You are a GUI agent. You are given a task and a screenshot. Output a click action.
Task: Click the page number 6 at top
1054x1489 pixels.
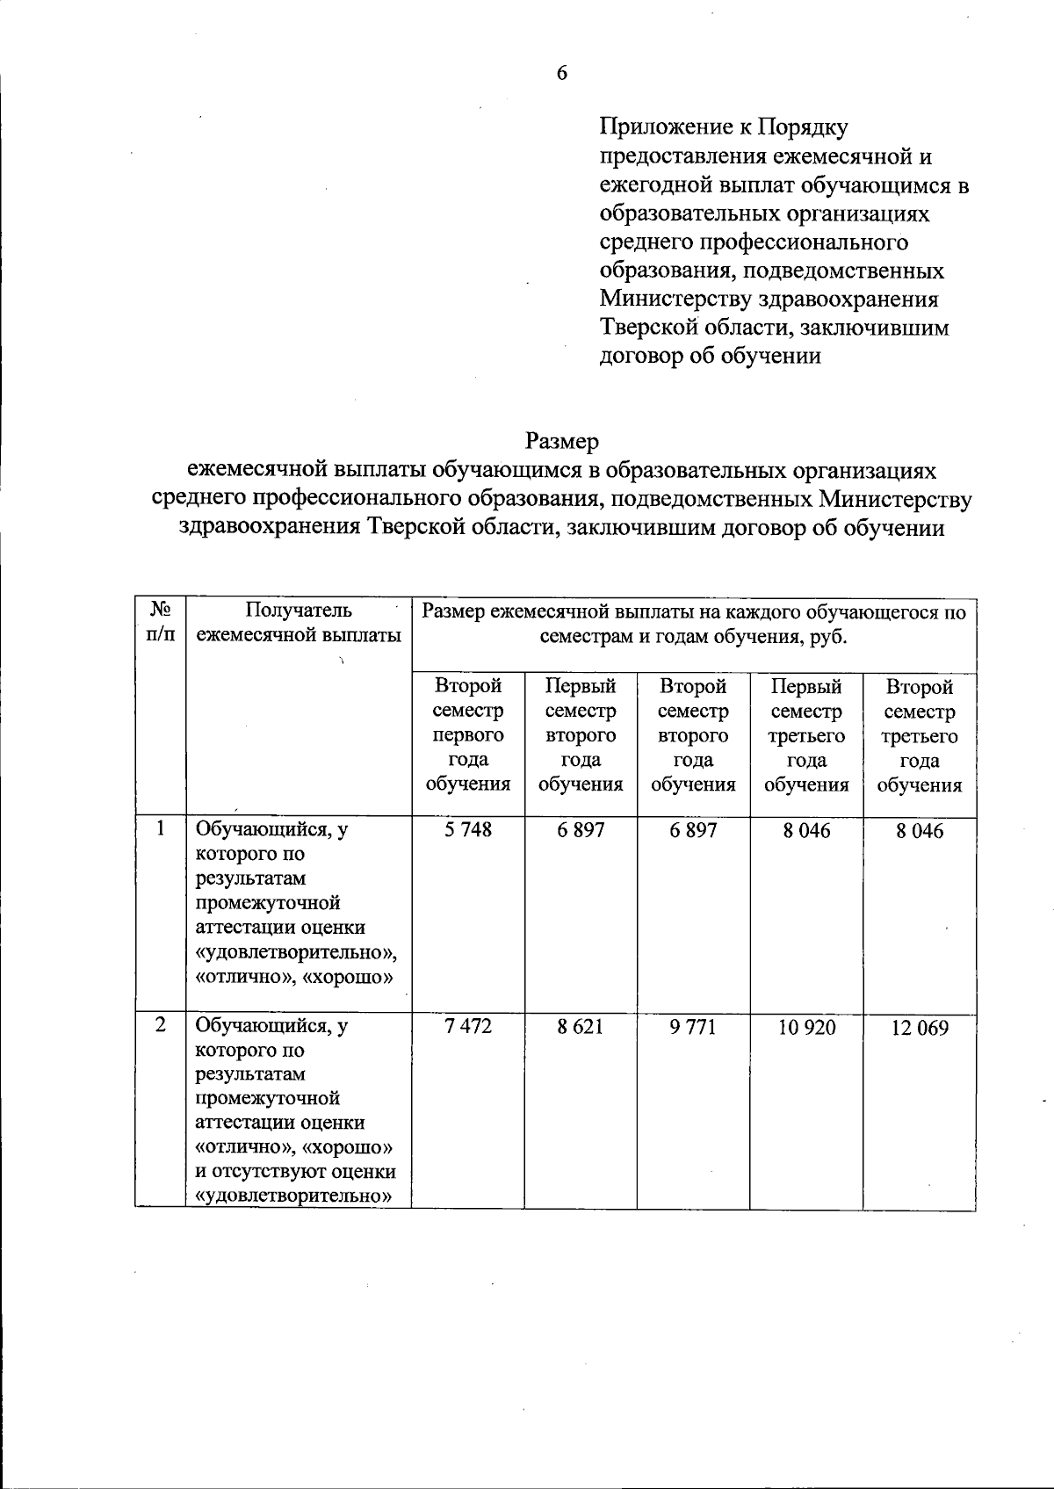561,73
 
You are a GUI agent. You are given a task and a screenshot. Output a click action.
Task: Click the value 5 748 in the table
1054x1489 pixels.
467,830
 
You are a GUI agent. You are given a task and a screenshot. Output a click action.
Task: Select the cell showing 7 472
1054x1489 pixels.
467,1026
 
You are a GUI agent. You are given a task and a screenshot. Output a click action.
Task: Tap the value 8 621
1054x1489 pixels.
580,1026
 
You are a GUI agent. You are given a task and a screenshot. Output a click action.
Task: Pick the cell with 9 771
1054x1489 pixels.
693,1026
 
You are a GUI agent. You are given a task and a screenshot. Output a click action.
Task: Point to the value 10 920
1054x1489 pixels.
806,1026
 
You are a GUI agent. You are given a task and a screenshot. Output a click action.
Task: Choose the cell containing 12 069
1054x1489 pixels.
920,1028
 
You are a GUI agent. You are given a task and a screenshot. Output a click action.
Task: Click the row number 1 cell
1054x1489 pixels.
160,828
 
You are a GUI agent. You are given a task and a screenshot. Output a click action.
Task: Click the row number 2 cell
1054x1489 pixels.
160,1024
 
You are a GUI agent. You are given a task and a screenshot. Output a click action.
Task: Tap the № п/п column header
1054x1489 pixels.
160,622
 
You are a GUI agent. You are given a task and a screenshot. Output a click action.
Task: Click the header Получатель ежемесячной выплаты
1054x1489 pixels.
299,622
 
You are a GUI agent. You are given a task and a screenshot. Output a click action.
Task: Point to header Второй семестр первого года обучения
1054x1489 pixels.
467,734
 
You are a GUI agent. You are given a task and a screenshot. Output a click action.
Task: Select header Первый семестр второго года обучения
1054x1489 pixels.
580,734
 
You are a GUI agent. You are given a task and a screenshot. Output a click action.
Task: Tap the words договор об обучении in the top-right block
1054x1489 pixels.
710,356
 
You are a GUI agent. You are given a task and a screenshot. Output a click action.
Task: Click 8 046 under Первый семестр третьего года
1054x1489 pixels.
806,830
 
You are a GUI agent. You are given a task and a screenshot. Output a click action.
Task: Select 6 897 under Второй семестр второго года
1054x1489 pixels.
693,830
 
